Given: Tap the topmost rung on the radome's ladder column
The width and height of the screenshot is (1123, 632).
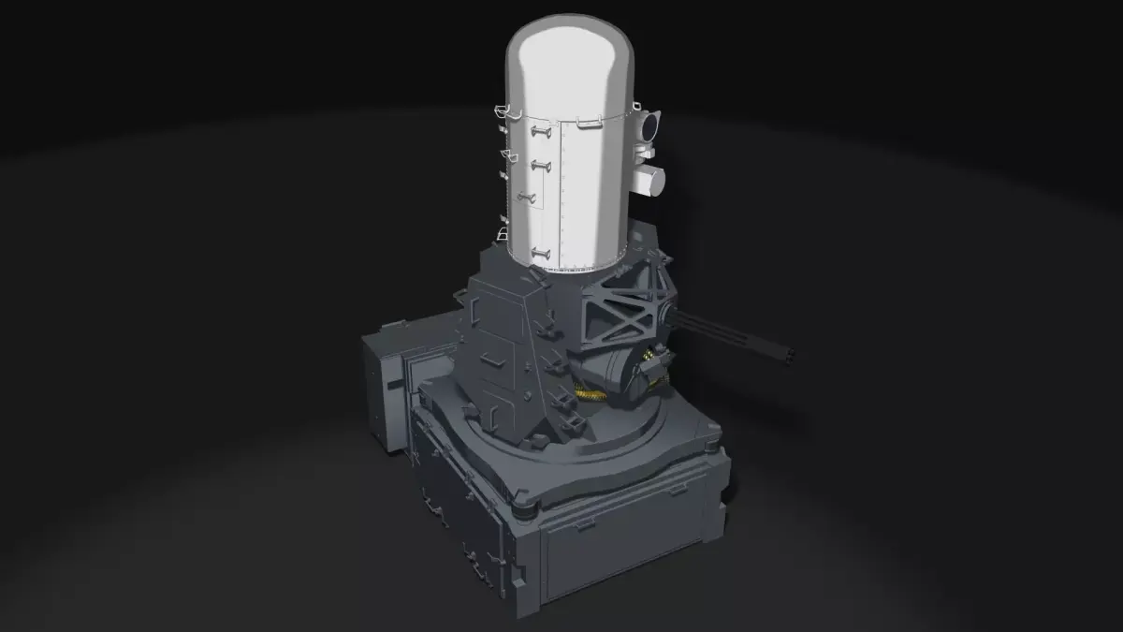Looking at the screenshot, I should (540, 134).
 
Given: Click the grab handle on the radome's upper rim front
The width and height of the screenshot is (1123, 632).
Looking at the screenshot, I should (590, 122).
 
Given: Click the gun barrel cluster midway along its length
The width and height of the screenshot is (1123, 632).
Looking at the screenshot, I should (730, 335).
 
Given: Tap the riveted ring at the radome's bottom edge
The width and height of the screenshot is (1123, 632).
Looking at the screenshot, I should (571, 266).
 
